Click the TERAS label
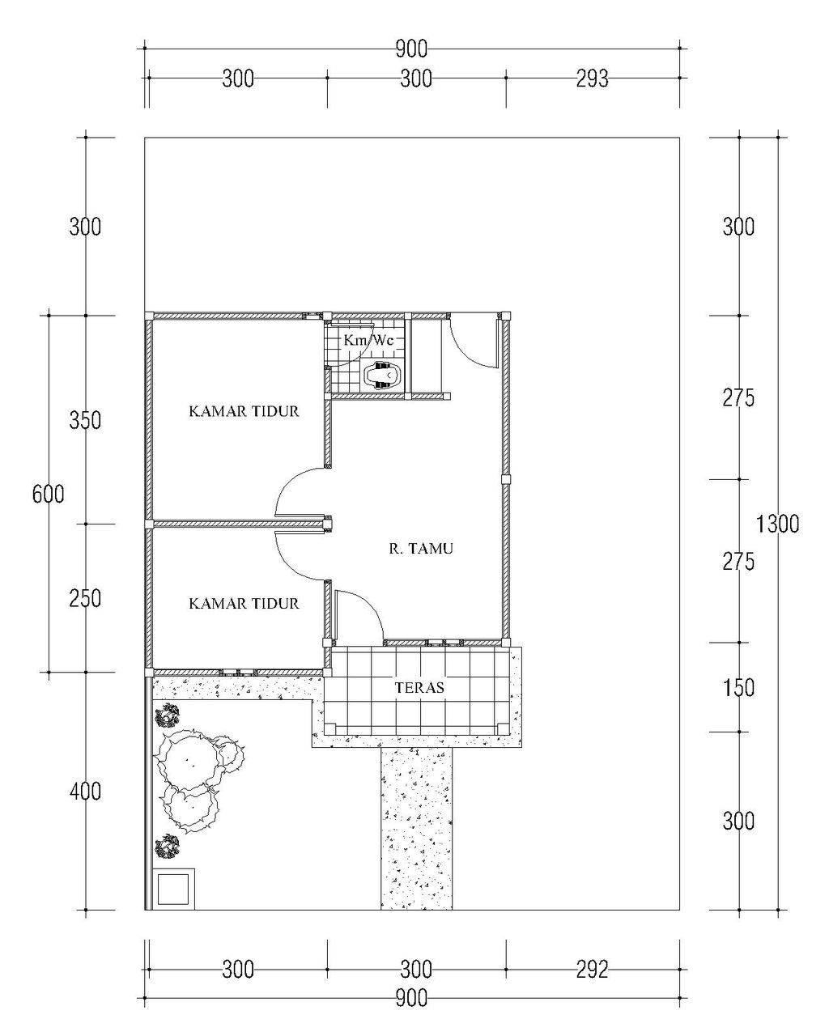click(419, 687)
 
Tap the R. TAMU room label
click(421, 549)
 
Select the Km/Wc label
click(368, 341)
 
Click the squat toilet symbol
click(382, 375)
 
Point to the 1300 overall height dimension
click(776, 524)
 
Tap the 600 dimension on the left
click(49, 494)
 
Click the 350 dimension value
click(85, 420)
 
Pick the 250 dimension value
click(85, 599)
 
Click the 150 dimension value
click(738, 688)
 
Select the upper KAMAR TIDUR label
click(244, 411)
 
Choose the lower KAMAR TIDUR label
click(244, 604)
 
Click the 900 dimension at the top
click(411, 49)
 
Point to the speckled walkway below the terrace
click(417, 829)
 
